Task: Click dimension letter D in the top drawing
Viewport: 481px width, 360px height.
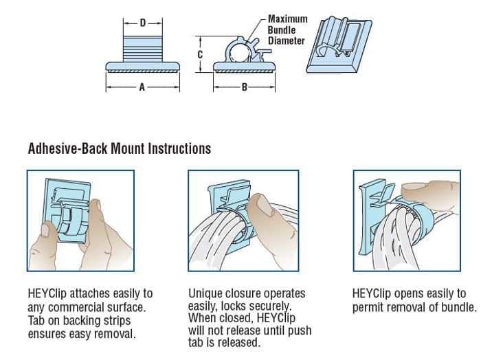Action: pyautogui.click(x=142, y=23)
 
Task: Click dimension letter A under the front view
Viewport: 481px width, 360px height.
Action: pyautogui.click(x=142, y=87)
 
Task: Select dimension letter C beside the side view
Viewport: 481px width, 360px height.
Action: pyautogui.click(x=199, y=54)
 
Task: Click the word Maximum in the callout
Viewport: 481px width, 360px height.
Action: pyautogui.click(x=287, y=19)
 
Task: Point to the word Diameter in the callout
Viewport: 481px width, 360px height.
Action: pyautogui.click(x=286, y=41)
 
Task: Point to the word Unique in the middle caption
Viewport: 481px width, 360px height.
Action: pyautogui.click(x=205, y=294)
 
